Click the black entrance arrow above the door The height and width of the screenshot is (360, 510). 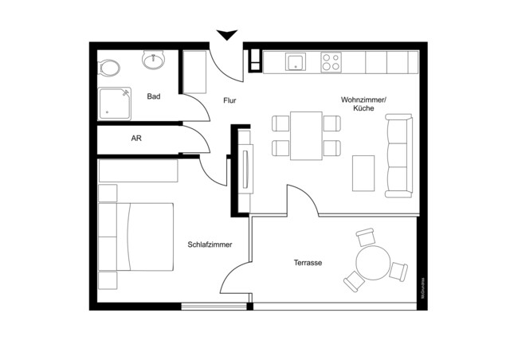pos(227,34)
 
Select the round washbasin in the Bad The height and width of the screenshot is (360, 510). pos(152,60)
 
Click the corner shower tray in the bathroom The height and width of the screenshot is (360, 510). pos(116,102)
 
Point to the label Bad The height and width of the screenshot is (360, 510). pos(154,97)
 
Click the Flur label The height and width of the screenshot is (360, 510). pos(229,100)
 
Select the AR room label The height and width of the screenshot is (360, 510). pos(136,139)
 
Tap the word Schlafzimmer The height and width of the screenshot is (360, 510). pos(210,245)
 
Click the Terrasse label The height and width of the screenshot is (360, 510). pos(308,262)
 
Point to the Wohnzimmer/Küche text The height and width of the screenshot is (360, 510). pos(363,104)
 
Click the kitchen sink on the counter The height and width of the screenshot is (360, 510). pos(296,61)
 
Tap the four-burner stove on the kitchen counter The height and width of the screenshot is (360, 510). pos(331,61)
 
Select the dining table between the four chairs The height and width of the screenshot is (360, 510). pos(306,135)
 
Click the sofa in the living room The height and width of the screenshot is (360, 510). pos(398,155)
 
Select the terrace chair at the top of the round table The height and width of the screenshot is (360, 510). pos(367,237)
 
